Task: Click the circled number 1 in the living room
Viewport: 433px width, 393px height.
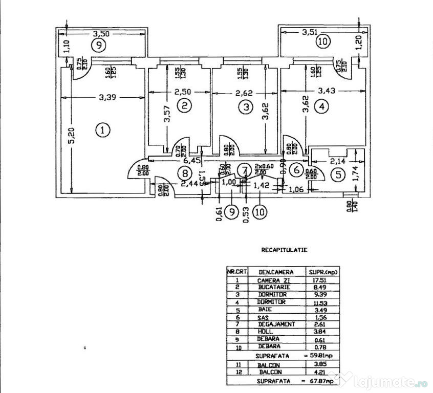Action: pos(103,130)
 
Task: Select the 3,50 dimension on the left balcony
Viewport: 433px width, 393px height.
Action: pos(100,34)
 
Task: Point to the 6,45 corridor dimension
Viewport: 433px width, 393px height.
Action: pos(191,160)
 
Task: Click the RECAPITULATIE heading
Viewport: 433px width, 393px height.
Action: pos(284,251)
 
